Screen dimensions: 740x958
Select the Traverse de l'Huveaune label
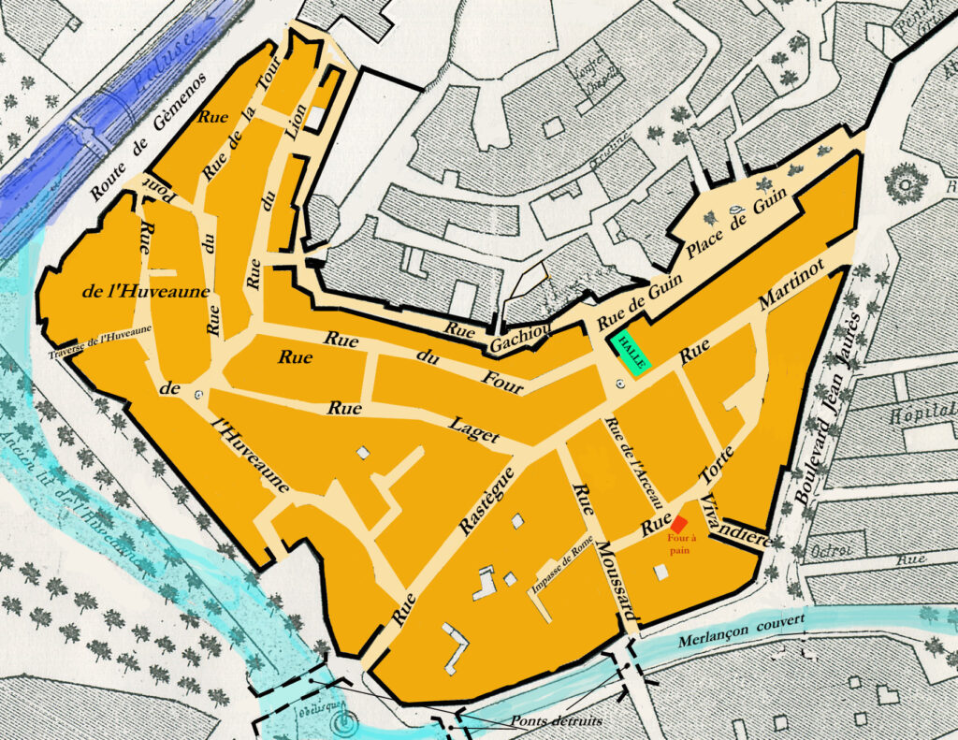(x=100, y=346)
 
